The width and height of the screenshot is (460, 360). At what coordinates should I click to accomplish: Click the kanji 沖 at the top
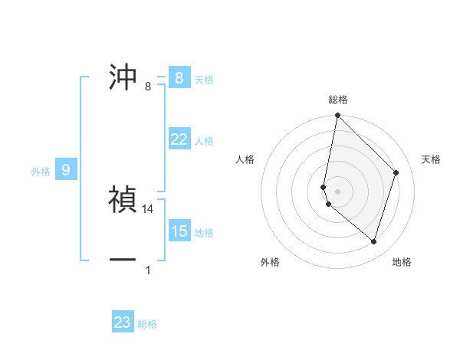pyautogui.click(x=123, y=77)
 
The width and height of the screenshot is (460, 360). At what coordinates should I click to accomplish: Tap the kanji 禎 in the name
pyautogui.click(x=123, y=200)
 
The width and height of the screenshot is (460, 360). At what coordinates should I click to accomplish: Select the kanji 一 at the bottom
pyautogui.click(x=123, y=260)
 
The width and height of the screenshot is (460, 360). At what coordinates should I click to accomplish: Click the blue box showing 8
pyautogui.click(x=179, y=78)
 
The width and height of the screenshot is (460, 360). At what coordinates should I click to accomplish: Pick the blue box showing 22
pyautogui.click(x=179, y=139)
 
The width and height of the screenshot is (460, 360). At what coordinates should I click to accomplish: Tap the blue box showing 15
pyautogui.click(x=179, y=231)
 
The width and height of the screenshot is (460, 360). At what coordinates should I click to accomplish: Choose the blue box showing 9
pyautogui.click(x=65, y=170)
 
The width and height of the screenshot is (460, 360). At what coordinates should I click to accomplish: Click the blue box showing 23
pyautogui.click(x=123, y=322)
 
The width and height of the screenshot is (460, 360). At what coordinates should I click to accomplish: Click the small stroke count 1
pyautogui.click(x=148, y=270)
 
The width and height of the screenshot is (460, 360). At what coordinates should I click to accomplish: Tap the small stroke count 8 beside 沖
pyautogui.click(x=148, y=87)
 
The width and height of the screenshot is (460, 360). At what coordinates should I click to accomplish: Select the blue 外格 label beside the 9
pyautogui.click(x=41, y=172)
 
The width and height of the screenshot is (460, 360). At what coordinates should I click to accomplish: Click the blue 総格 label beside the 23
pyautogui.click(x=147, y=324)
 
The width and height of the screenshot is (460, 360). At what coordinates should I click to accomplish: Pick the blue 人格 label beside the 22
pyautogui.click(x=204, y=141)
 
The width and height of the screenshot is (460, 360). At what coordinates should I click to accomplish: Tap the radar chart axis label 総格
pyautogui.click(x=338, y=100)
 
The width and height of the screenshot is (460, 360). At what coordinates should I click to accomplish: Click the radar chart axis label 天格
pyautogui.click(x=432, y=159)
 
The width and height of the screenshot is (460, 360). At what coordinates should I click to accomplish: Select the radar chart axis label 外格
pyautogui.click(x=270, y=262)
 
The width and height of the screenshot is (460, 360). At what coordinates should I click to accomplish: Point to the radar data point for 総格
pyautogui.click(x=337, y=116)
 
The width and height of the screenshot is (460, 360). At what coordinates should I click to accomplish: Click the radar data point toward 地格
pyautogui.click(x=373, y=241)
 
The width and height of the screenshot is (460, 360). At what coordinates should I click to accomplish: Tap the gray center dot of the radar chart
pyautogui.click(x=337, y=191)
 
